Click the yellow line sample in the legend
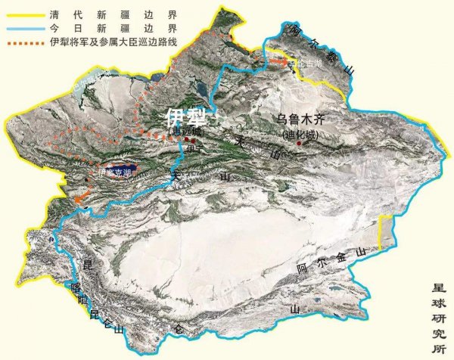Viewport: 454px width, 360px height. click(23, 13)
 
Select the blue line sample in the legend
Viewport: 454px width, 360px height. click(23, 26)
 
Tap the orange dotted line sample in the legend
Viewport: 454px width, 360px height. click(23, 40)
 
